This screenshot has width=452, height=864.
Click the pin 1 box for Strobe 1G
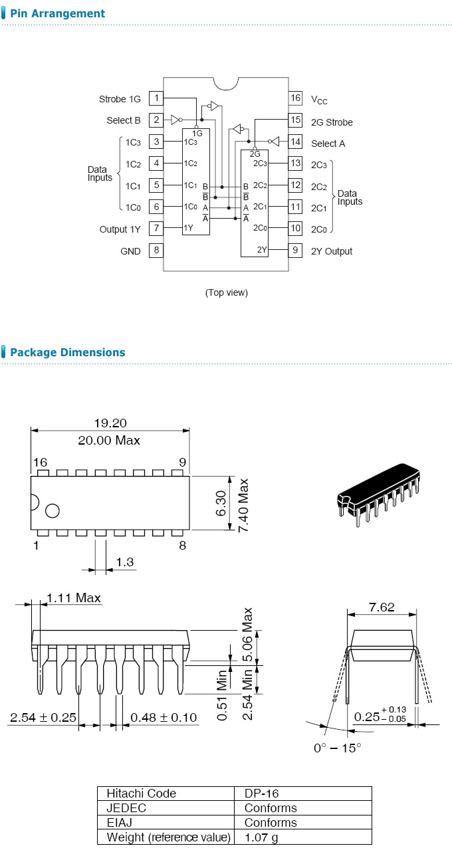pyautogui.click(x=156, y=98)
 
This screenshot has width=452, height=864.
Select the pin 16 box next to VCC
pyautogui.click(x=296, y=98)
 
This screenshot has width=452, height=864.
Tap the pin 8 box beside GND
pyautogui.click(x=156, y=251)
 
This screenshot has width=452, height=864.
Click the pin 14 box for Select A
pyautogui.click(x=296, y=142)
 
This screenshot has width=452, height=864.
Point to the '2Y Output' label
pyautogui.click(x=332, y=251)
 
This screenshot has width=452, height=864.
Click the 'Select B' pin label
pyautogui.click(x=124, y=120)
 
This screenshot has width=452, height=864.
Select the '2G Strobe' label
pyautogui.click(x=332, y=122)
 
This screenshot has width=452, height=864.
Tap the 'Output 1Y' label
pyautogui.click(x=120, y=229)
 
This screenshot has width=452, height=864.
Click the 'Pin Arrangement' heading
pyautogui.click(x=58, y=13)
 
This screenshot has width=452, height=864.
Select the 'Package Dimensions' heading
pyautogui.click(x=67, y=352)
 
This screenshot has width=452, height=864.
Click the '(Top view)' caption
pyautogui.click(x=226, y=292)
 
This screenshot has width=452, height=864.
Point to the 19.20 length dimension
pyautogui.click(x=110, y=423)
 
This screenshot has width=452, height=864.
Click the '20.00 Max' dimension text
pyautogui.click(x=110, y=440)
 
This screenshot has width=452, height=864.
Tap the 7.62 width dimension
pyautogui.click(x=382, y=607)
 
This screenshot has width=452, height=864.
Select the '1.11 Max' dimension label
pyautogui.click(x=74, y=598)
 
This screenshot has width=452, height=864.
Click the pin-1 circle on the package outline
pyautogui.click(x=52, y=510)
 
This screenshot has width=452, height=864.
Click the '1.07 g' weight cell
pyautogui.click(x=261, y=837)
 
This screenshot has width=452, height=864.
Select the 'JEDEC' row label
pyautogui.click(x=126, y=808)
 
